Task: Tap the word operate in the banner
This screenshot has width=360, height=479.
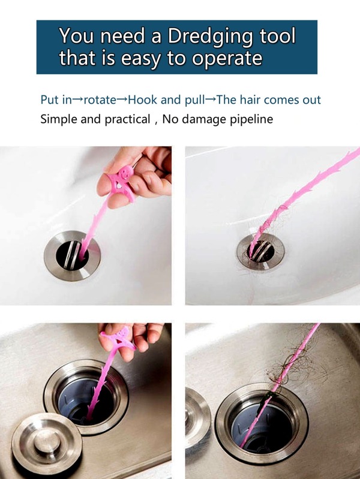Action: click(227, 58)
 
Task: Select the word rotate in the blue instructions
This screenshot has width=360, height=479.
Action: click(100, 100)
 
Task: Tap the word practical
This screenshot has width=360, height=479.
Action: click(127, 119)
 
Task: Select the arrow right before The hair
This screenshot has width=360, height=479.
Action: click(211, 100)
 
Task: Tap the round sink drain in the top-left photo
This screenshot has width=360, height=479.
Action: click(72, 255)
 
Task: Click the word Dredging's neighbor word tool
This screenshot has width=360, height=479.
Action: click(277, 36)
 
